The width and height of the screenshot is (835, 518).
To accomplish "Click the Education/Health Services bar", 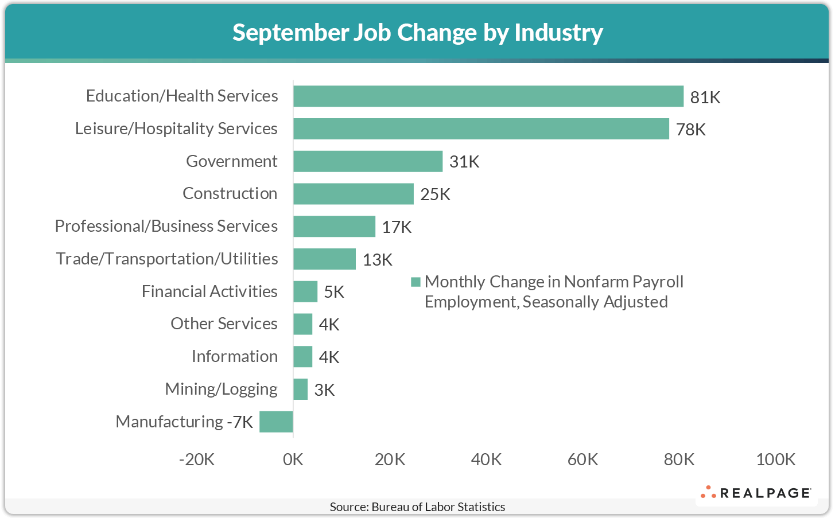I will coord(488,96).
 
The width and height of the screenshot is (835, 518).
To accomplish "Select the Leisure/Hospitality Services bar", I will coord(481,129).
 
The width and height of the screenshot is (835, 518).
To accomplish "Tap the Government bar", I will coord(368,162).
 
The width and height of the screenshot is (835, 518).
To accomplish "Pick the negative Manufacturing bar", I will coord(276,422).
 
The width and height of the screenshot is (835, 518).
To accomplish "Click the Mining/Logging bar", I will coord(300,390).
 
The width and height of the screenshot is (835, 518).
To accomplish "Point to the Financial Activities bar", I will coord(305,291).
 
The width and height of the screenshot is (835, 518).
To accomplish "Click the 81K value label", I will coord(705,98).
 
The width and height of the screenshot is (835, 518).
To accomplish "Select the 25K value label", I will coord(435,194).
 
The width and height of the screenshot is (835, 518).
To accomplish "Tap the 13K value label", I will coord(377,260).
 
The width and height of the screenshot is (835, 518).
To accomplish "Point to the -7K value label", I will coord(240,422).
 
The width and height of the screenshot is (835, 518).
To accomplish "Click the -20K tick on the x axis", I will coord(197,459).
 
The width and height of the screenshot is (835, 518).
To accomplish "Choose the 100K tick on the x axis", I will coord(775,459).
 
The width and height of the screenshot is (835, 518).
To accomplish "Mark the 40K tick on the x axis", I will coord(486,459).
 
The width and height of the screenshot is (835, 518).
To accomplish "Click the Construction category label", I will coord(230,193).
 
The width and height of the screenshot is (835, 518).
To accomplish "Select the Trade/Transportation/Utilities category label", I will coord(166,259).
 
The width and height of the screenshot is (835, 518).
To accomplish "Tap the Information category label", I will coord(234,356).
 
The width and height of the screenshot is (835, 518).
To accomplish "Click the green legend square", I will coord(415,282).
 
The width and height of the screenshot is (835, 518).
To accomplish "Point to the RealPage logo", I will coord(755,493).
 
